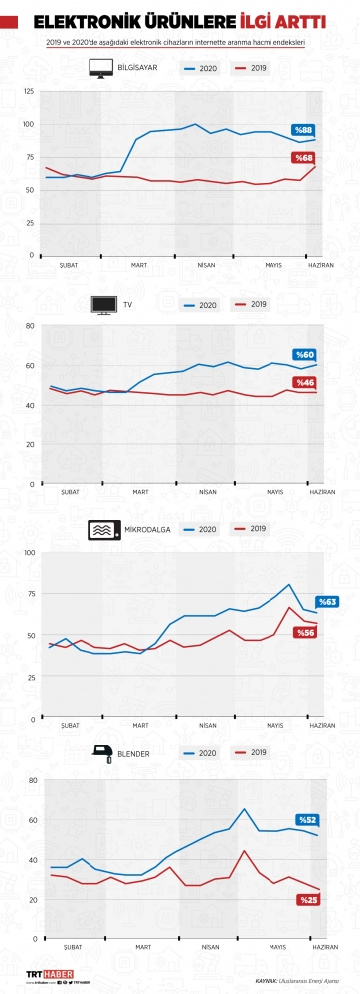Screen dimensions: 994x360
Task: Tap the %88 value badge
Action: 303,130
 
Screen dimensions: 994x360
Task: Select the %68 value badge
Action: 302,158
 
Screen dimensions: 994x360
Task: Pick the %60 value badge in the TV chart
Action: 304,355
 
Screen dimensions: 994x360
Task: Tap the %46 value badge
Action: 303,383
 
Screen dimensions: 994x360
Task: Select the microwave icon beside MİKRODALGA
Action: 102,530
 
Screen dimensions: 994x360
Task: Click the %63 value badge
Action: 327,602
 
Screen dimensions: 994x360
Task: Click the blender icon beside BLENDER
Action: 100,754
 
